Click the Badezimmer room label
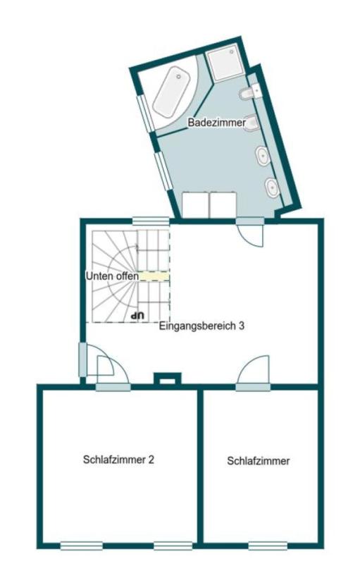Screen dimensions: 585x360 [216, 123]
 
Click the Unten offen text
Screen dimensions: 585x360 [112, 276]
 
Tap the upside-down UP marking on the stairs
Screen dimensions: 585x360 [138, 314]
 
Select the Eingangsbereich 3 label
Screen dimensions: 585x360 [201, 326]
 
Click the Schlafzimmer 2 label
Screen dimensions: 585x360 [118, 460]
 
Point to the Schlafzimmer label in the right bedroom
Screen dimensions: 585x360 [259, 461]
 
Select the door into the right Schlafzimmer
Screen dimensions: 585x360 [254, 374]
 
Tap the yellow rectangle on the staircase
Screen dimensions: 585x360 [154, 277]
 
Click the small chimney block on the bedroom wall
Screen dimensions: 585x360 [167, 380]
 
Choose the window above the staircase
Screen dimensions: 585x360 [151, 220]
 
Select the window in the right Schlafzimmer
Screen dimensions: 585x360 [268, 545]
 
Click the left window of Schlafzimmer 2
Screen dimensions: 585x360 [81, 545]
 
